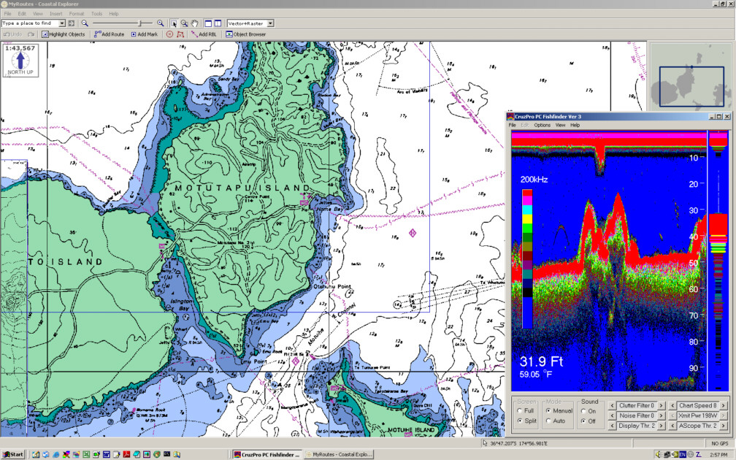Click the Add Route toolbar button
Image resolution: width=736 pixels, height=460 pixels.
[x=110, y=34]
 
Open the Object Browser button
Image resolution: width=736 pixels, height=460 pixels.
[x=246, y=34]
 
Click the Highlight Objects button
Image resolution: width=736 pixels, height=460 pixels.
[x=64, y=34]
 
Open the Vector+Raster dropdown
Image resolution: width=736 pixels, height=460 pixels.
[x=250, y=23]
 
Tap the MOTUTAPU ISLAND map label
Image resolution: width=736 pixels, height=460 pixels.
[x=242, y=188]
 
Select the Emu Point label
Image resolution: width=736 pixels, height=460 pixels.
[x=250, y=360]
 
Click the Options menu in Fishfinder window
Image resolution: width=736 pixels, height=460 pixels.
[x=542, y=126]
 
